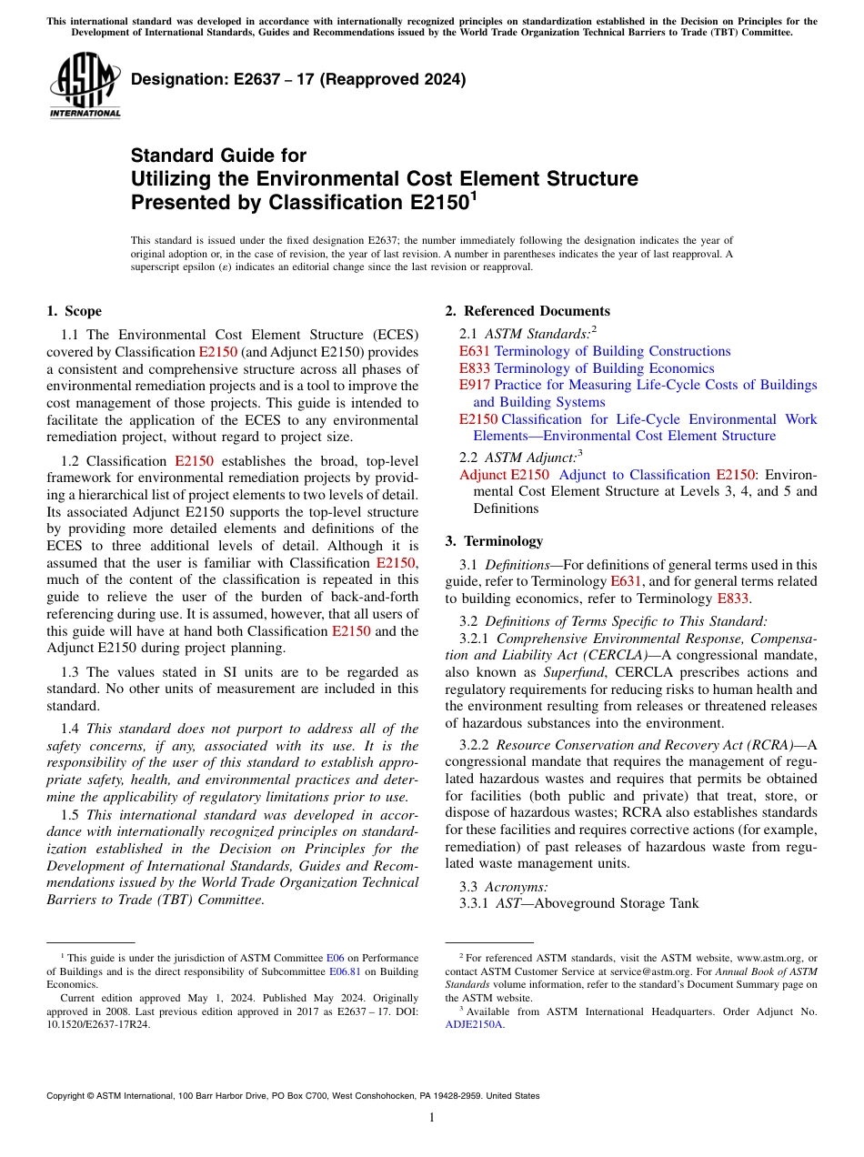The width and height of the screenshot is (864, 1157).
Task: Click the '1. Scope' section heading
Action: pos(74,311)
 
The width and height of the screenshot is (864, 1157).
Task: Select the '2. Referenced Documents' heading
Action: pos(527,311)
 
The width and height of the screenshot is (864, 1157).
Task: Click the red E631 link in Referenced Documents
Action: pos(475,351)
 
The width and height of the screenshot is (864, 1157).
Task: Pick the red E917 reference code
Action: pos(475,386)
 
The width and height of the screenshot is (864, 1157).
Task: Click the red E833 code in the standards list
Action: pos(475,368)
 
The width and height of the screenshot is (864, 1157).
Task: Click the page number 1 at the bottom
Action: pos(432,1117)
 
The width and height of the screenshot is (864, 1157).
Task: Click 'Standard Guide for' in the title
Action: pos(218,156)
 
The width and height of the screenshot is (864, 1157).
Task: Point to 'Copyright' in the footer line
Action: pos(69,1096)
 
